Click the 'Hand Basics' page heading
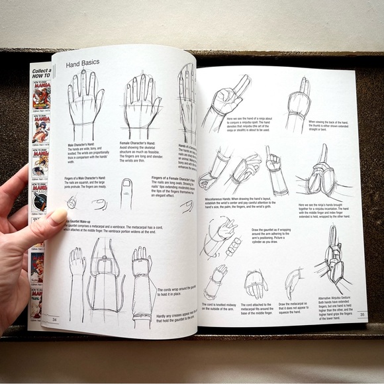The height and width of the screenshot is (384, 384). tap(82, 64)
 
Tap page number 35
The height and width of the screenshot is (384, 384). tap(361, 315)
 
